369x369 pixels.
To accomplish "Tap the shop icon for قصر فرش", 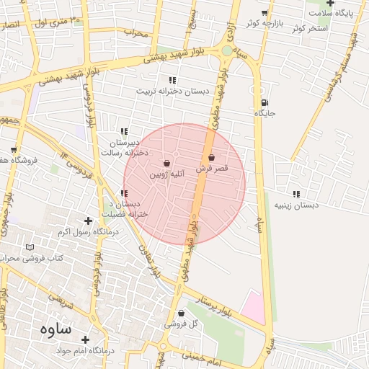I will tap(211, 157).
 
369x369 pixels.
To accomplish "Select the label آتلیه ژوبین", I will tap(167, 174).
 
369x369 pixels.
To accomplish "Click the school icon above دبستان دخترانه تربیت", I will tap(172, 80).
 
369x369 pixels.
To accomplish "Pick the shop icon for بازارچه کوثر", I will tap(264, 13).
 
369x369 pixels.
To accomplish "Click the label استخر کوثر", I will tap(307, 28).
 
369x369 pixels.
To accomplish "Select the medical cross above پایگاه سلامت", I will tap(330, 4).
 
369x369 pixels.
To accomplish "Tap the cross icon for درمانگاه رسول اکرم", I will tap(88, 221).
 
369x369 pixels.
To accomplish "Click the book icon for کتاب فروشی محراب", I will tap(30, 247).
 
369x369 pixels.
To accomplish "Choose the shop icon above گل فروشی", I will tap(180, 314).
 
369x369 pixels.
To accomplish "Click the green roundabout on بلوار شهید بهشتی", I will tap(227, 50).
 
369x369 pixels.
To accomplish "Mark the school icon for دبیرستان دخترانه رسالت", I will tap(125, 131).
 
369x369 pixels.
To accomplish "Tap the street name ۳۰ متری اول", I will tap(50, 22).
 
